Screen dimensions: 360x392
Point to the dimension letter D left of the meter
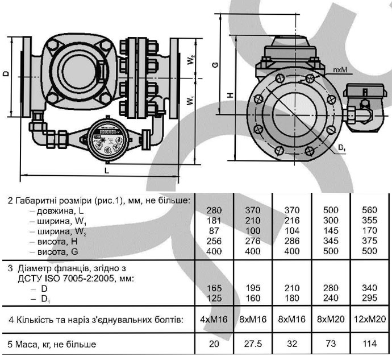5,74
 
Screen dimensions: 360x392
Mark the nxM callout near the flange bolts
341,70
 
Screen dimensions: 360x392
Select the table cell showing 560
369,210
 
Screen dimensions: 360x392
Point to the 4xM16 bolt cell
214,320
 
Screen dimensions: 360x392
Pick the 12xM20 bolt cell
369,320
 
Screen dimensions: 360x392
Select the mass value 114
369,344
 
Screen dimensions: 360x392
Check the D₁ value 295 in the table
369,298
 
